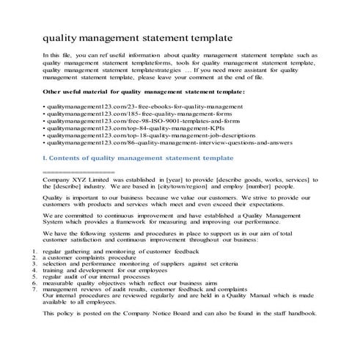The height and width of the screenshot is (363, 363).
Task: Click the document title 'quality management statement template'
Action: click(x=139, y=36)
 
